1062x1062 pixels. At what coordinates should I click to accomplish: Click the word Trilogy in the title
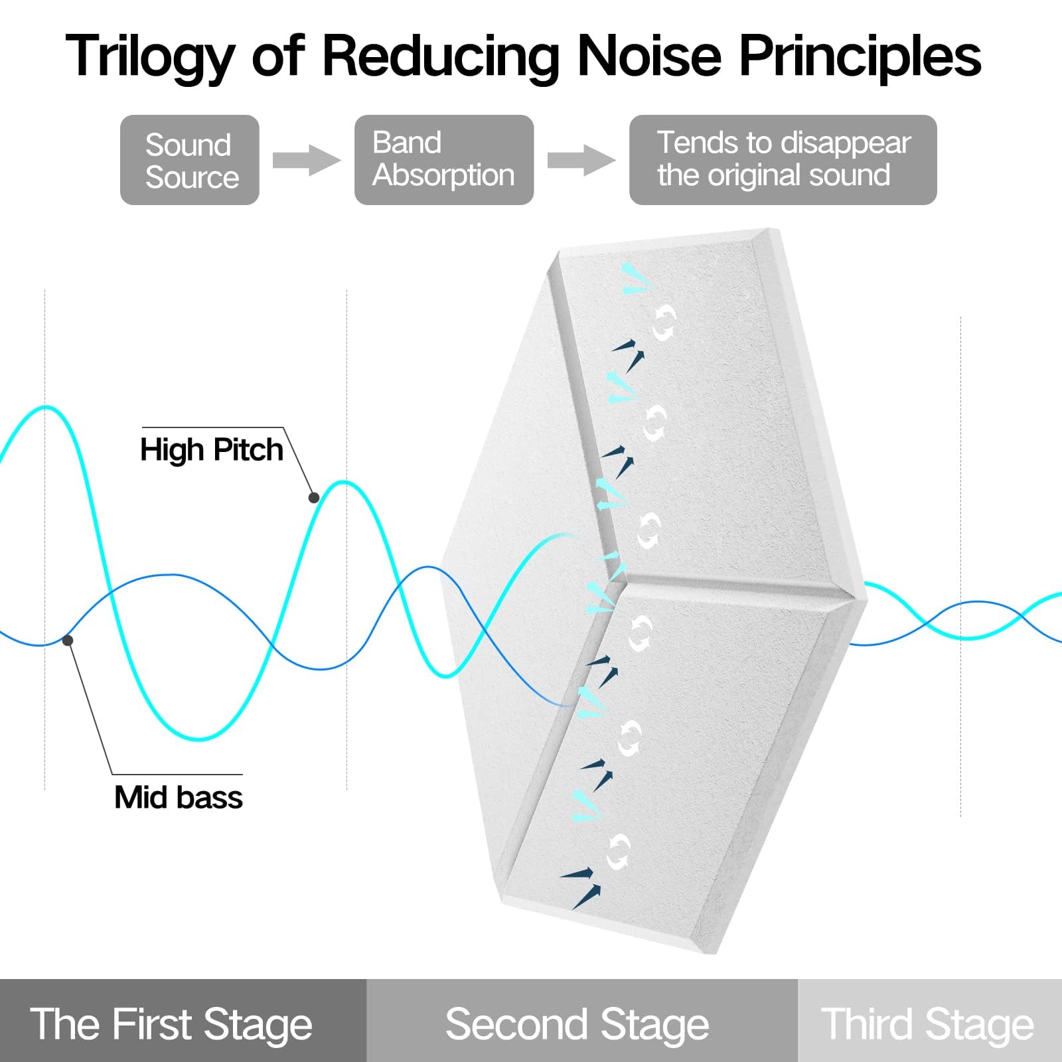pyautogui.click(x=150, y=56)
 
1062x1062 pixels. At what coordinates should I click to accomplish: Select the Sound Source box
pyautogui.click(x=190, y=160)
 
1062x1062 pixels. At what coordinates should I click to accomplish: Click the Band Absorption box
pyautogui.click(x=443, y=160)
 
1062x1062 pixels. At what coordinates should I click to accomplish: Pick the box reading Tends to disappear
pyautogui.click(x=783, y=160)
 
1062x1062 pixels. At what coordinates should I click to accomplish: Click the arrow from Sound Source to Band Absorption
pyautogui.click(x=306, y=160)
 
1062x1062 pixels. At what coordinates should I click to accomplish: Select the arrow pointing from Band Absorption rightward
pyautogui.click(x=581, y=160)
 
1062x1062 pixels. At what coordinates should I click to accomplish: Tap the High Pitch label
pyautogui.click(x=211, y=450)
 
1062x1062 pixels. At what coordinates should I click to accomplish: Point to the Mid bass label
pyautogui.click(x=178, y=797)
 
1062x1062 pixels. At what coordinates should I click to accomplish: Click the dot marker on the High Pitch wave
pyautogui.click(x=314, y=497)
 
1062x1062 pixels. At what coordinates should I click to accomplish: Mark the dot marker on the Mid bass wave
pyautogui.click(x=68, y=640)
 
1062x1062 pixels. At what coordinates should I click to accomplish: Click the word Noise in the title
pyautogui.click(x=649, y=56)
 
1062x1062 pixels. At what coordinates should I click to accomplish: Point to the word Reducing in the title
pyautogui.click(x=441, y=56)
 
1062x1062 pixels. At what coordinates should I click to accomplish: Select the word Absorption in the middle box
pyautogui.click(x=443, y=176)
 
